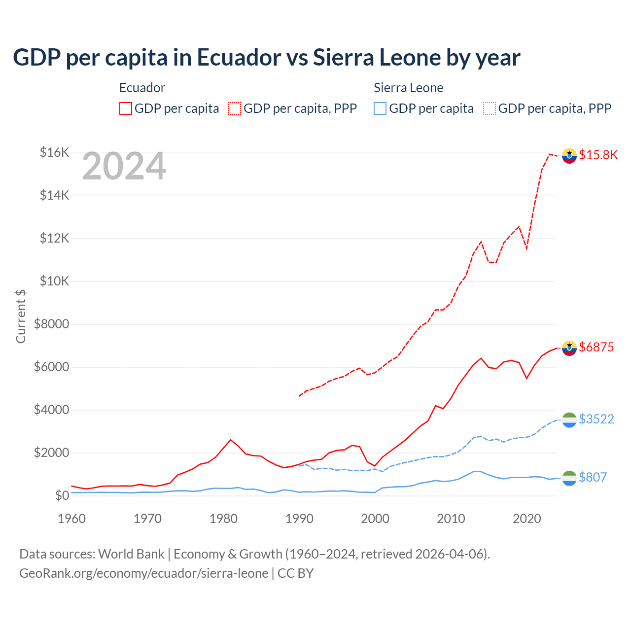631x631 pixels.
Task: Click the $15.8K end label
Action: click(x=598, y=155)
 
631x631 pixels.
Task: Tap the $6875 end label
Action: click(x=596, y=347)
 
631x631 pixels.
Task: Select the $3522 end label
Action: click(x=596, y=419)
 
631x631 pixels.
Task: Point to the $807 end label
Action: click(x=593, y=477)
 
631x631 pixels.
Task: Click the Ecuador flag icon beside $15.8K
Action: click(x=569, y=155)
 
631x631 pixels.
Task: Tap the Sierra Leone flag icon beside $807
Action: click(x=569, y=478)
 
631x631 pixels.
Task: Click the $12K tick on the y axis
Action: click(x=54, y=238)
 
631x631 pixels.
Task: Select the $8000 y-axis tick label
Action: click(x=51, y=324)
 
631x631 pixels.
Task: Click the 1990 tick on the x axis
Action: click(x=299, y=519)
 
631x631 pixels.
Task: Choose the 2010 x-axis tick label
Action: click(x=451, y=519)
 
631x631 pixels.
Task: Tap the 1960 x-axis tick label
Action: click(x=72, y=519)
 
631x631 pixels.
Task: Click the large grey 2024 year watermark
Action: click(x=124, y=166)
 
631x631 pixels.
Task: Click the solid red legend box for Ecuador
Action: click(x=126, y=108)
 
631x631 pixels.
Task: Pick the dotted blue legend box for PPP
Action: click(x=490, y=108)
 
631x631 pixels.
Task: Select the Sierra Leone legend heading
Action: click(x=408, y=88)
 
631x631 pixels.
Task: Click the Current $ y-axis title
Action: click(x=21, y=316)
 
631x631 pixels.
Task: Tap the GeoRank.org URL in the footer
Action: click(x=143, y=573)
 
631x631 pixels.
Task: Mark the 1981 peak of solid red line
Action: click(x=231, y=440)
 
